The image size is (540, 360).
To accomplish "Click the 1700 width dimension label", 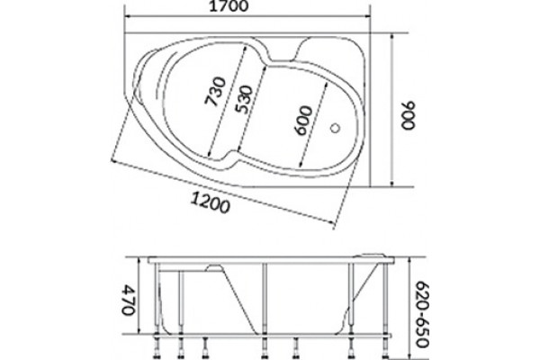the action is point(229,6).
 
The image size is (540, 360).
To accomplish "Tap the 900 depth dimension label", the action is point(409,115).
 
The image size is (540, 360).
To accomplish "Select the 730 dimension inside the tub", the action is point(216,91).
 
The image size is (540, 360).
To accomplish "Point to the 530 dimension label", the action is point(244,100).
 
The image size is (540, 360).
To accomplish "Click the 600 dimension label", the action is point(303,121).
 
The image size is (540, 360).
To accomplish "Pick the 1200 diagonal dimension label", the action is point(210,202).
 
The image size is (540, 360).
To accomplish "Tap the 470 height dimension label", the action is point(128,300).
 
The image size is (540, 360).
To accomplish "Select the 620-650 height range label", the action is point(423,314).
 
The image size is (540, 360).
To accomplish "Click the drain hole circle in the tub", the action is point(335,128).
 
